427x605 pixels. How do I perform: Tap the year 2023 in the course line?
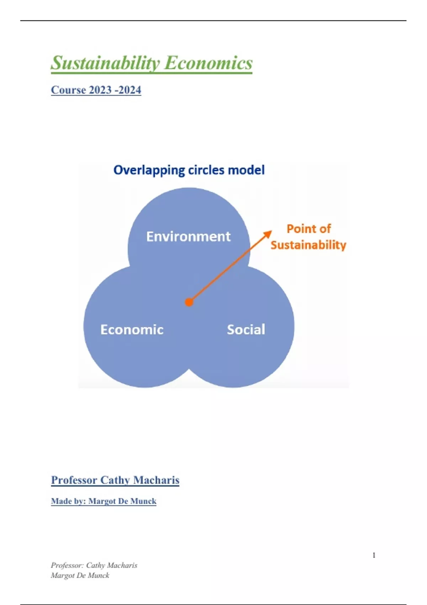click(100, 90)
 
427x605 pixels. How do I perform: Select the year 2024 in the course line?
click(130, 90)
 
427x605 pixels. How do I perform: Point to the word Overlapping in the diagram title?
click(149, 170)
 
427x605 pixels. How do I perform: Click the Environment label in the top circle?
click(188, 236)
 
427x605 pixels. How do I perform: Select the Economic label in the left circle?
click(132, 330)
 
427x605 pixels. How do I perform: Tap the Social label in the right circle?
click(246, 330)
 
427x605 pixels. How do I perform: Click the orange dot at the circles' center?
click(189, 302)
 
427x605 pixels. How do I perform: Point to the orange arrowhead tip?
click(271, 231)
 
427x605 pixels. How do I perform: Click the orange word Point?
click(300, 228)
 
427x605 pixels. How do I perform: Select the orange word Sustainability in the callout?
click(308, 245)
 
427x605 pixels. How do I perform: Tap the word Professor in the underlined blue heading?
click(74, 480)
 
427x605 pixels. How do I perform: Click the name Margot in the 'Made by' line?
click(101, 501)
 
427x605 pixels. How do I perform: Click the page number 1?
click(374, 555)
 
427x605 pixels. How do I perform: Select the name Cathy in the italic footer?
click(95, 565)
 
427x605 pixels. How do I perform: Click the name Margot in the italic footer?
click(62, 575)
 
